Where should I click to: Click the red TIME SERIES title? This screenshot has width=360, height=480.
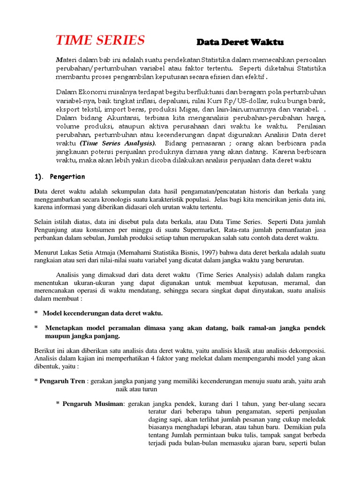[100, 41]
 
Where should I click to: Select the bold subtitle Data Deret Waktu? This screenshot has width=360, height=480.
[240, 42]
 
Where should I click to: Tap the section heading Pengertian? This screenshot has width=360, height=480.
[68, 176]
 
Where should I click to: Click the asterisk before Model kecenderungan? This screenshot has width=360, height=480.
[36, 313]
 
